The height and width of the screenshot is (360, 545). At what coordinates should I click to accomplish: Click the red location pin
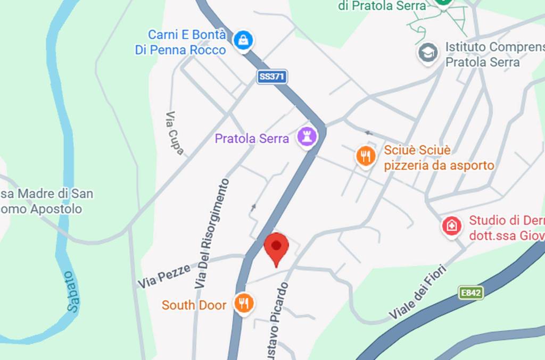pyautogui.click(x=276, y=247)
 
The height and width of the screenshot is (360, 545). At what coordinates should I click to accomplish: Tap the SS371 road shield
pyautogui.click(x=272, y=77)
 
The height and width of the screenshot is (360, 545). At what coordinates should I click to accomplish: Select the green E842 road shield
pyautogui.click(x=471, y=292)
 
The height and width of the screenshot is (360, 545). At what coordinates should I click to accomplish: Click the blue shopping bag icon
pyautogui.click(x=243, y=39)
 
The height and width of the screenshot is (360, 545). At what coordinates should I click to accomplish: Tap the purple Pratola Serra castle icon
pyautogui.click(x=307, y=137)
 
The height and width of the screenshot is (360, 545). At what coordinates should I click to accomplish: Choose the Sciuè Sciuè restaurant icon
pyautogui.click(x=365, y=156)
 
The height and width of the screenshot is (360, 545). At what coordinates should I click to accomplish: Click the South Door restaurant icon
pyautogui.click(x=244, y=304)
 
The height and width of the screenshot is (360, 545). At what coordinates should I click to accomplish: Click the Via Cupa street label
pyautogui.click(x=175, y=133)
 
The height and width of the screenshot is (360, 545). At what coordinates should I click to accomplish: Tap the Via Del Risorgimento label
pyautogui.click(x=212, y=234)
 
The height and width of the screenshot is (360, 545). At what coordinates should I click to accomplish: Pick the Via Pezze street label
pyautogui.click(x=164, y=276)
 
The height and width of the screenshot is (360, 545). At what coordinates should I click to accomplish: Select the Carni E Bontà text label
pyautogui.click(x=186, y=35)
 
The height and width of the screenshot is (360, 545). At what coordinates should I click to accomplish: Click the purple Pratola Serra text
pyautogui.click(x=252, y=139)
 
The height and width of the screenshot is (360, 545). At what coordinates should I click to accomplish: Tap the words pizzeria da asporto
pyautogui.click(x=439, y=165)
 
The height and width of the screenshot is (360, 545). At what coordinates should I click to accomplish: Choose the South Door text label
pyautogui.click(x=194, y=305)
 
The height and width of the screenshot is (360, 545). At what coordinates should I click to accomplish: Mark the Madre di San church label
pyautogui.click(x=48, y=194)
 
